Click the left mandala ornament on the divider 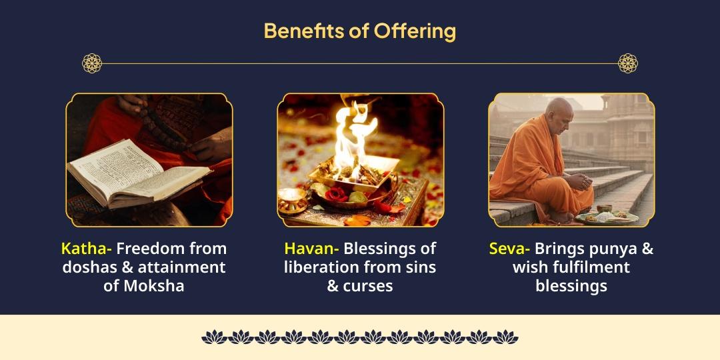click(92, 63)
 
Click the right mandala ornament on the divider click(628, 63)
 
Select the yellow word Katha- click(87, 249)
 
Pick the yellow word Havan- click(311, 249)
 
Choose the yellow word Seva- click(510, 249)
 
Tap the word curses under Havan click(369, 286)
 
